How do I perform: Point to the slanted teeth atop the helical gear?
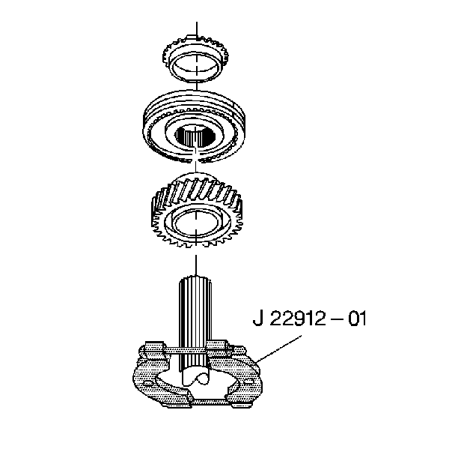pos(196,190)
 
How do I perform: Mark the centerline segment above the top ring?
pos(195,30)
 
